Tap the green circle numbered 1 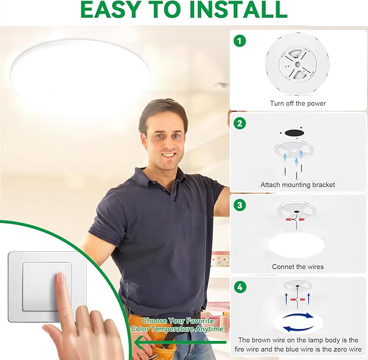(240, 41)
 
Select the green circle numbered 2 (240, 123)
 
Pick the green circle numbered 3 (240, 205)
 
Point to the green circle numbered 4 (240, 287)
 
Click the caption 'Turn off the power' (298, 103)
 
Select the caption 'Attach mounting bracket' (298, 185)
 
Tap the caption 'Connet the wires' (298, 266)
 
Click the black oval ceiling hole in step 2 (294, 133)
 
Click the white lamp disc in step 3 (296, 246)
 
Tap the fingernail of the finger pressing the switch (60, 278)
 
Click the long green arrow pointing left (180, 342)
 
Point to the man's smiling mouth (170, 155)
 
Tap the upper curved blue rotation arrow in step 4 (298, 316)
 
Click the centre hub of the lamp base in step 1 (298, 64)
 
